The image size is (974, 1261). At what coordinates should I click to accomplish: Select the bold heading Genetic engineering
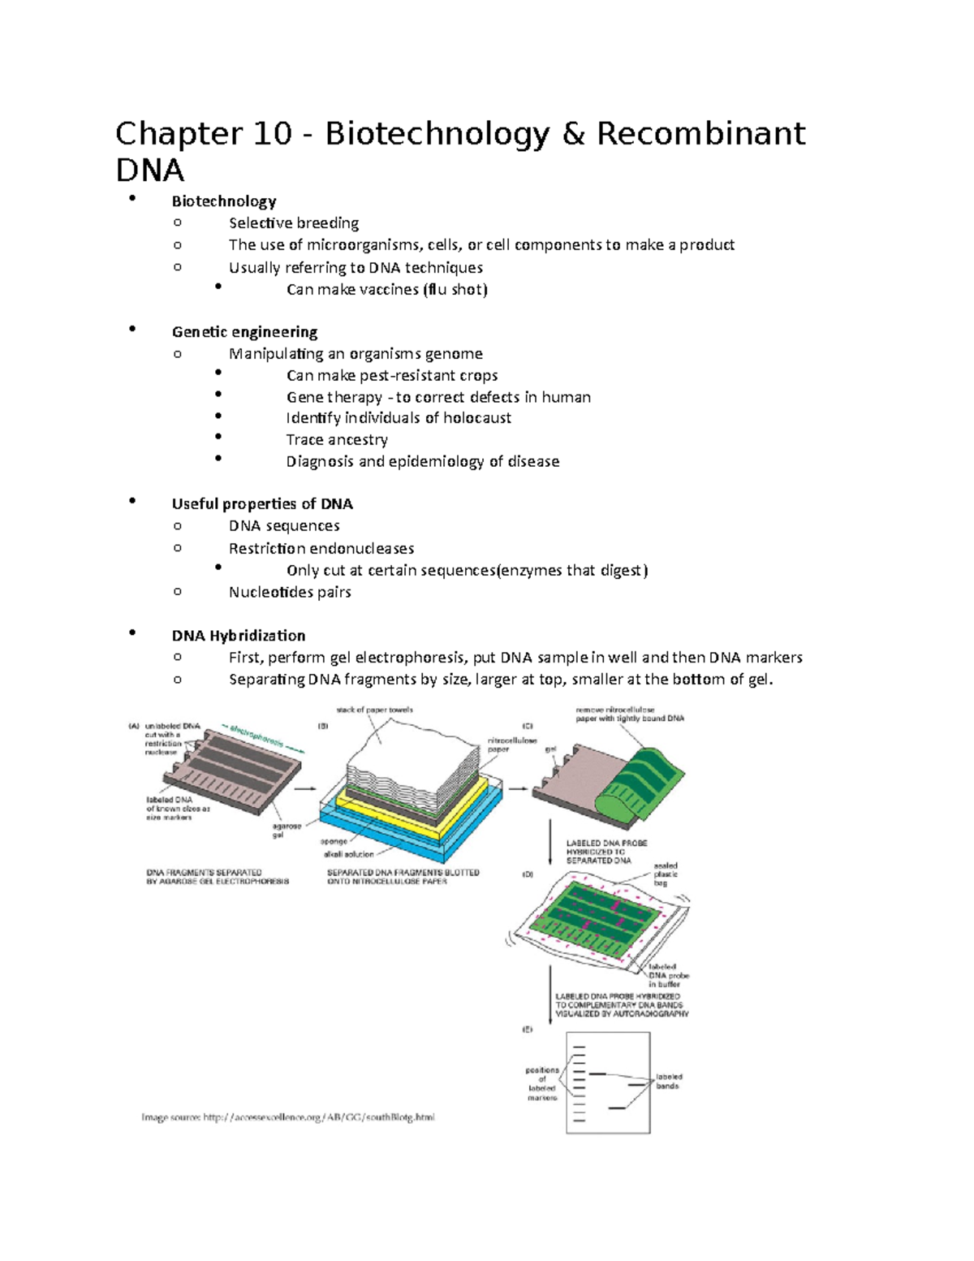coord(244,331)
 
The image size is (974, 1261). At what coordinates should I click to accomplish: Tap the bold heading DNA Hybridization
coord(239,635)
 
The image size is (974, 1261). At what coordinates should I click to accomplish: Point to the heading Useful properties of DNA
coord(262,503)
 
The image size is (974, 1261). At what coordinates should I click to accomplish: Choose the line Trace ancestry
coord(337,439)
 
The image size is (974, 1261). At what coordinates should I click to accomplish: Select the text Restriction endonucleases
coord(321,548)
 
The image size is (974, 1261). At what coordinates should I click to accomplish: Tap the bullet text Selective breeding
coord(294,222)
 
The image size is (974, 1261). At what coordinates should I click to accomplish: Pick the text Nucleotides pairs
coord(290,592)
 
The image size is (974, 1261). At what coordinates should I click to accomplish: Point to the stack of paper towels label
coord(374,710)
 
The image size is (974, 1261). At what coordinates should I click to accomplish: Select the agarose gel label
coord(287,830)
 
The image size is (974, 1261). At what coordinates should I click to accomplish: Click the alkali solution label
coord(348,854)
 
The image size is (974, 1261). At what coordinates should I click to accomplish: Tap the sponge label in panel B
coord(334,841)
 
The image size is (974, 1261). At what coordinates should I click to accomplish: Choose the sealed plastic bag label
coord(666,874)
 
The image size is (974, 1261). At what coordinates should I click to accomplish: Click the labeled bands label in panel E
coord(669,1081)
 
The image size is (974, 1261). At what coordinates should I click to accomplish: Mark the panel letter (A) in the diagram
coord(133,727)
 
